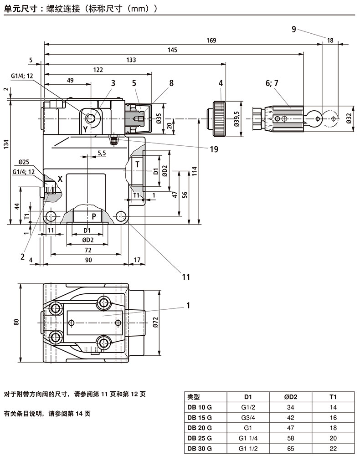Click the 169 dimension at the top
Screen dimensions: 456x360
(x=211, y=41)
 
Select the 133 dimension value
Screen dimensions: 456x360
(x=131, y=60)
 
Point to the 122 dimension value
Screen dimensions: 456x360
(x=98, y=70)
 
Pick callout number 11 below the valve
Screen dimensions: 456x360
(x=186, y=277)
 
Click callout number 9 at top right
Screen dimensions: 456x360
(x=294, y=30)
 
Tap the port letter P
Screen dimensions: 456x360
(x=94, y=217)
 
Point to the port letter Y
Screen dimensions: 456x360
(x=85, y=129)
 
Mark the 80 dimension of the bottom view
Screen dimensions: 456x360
(x=17, y=322)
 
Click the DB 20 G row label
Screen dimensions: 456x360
(x=200, y=428)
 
